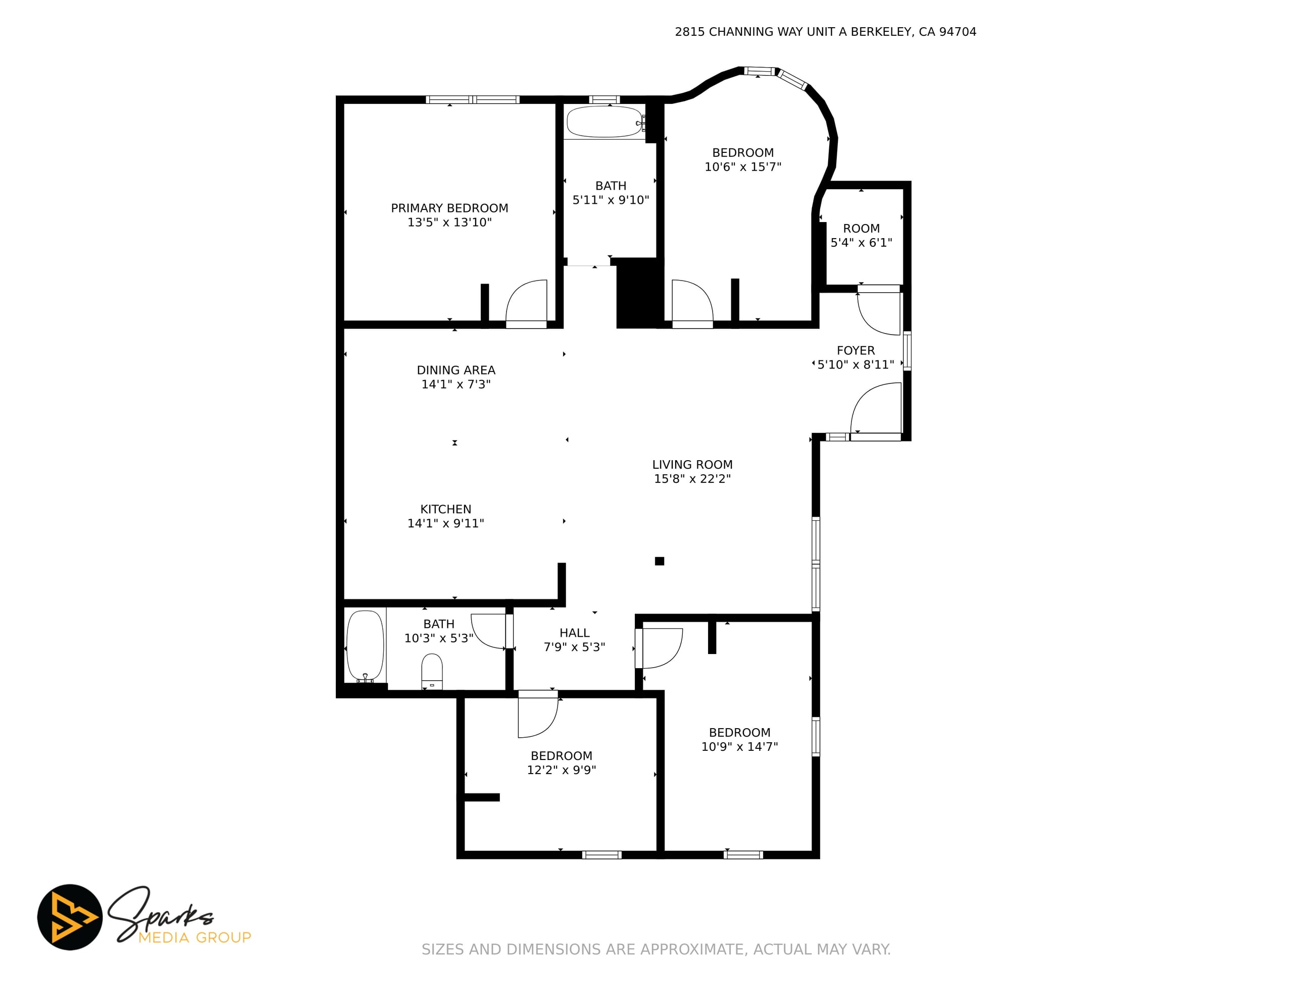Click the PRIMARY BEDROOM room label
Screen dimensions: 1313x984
coord(449,208)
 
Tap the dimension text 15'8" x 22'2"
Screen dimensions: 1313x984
coord(692,479)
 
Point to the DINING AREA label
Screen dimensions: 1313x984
coord(456,370)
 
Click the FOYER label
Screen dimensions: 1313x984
coord(856,351)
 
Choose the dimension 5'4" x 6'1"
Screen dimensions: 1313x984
coord(862,243)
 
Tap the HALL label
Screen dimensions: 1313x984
coord(575,633)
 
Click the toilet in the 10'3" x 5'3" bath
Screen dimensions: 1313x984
coord(432,672)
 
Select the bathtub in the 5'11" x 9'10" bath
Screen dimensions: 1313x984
coord(605,122)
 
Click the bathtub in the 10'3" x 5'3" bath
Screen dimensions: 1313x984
coord(365,646)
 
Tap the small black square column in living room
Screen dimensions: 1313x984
coord(660,561)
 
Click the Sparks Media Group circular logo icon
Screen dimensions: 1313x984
coord(70,917)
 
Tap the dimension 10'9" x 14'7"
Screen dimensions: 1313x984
coord(740,747)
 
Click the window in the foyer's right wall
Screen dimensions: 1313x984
coord(907,351)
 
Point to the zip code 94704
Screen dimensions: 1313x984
coord(957,32)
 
